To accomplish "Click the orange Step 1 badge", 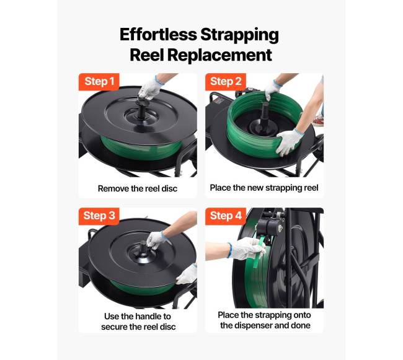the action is pyautogui.click(x=99, y=82).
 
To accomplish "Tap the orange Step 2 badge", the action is pyautogui.click(x=226, y=82).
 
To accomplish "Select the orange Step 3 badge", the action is pyautogui.click(x=99, y=216).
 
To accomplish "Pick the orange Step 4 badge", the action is pyautogui.click(x=226, y=216).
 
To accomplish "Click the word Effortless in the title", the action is pyautogui.click(x=158, y=35).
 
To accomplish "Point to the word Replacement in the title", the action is pyautogui.click(x=220, y=55).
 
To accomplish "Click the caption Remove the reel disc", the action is pyautogui.click(x=138, y=189).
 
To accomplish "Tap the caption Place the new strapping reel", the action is pyautogui.click(x=264, y=188).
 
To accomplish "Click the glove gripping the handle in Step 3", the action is pyautogui.click(x=156, y=240).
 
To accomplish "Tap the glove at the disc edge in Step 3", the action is pyautogui.click(x=187, y=274).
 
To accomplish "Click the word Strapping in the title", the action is pyautogui.click(x=239, y=35).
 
